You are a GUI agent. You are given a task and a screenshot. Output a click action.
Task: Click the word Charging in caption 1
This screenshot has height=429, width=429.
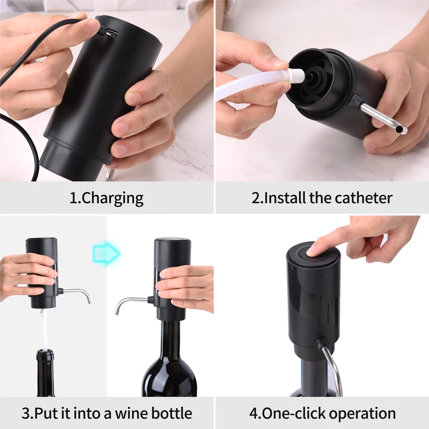point(114,198)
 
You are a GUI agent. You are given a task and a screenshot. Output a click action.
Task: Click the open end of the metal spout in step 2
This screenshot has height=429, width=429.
point(403,129)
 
